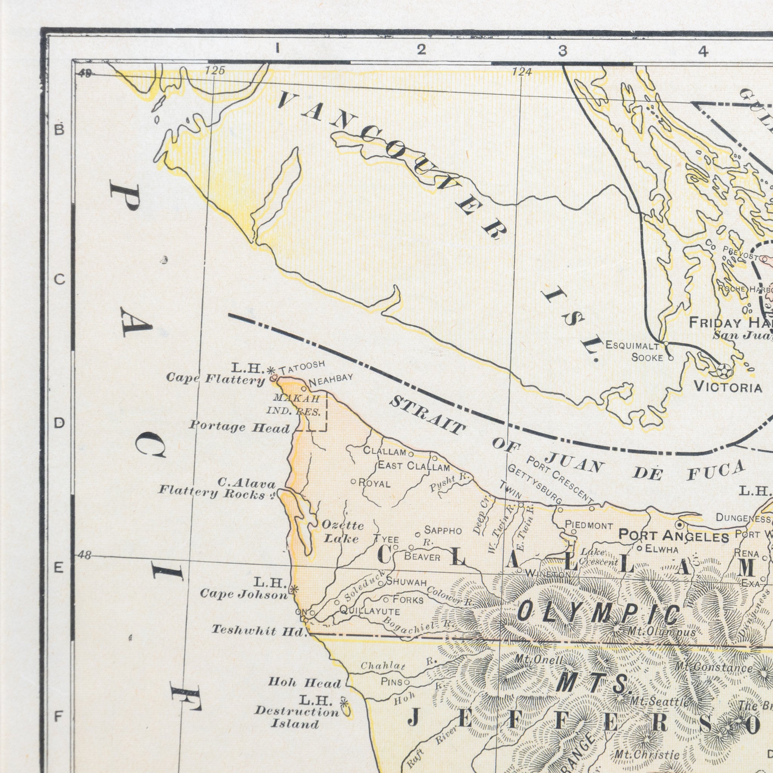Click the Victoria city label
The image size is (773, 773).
728,387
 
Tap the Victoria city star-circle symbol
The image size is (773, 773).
725,371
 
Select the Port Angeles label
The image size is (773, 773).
673,536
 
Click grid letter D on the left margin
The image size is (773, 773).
59,423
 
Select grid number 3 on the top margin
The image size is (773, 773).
562,51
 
